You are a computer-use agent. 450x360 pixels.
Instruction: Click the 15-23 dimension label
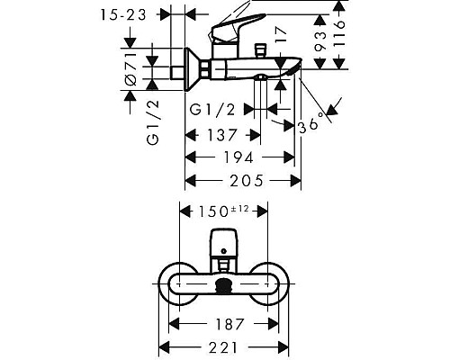coord(123,14)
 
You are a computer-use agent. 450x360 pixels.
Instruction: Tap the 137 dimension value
coord(222,135)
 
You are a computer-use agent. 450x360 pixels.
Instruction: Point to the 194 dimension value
coord(238,157)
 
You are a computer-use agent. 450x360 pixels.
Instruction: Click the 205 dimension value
coord(247,181)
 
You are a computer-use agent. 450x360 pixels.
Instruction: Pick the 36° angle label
coord(312,122)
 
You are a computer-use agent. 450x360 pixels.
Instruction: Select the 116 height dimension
coord(339,33)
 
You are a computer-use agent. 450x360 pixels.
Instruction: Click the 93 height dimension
coord(320,40)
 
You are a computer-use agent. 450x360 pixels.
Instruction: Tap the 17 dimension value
coord(281,34)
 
